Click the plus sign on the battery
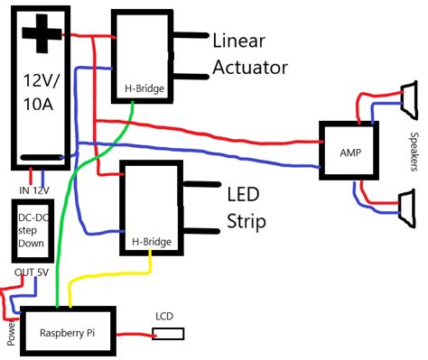42,37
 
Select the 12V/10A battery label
42,94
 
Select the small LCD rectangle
169,334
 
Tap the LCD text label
164,316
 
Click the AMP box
350,151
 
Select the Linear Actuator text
250,54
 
